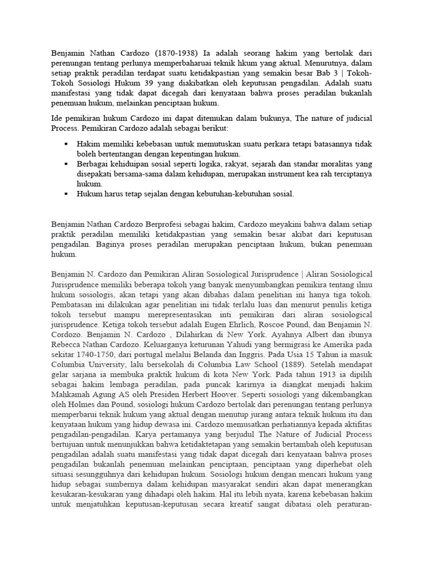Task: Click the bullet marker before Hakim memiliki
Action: (x=66, y=143)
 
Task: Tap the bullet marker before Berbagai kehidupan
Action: (x=66, y=164)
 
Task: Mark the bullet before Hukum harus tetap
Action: (x=66, y=194)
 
